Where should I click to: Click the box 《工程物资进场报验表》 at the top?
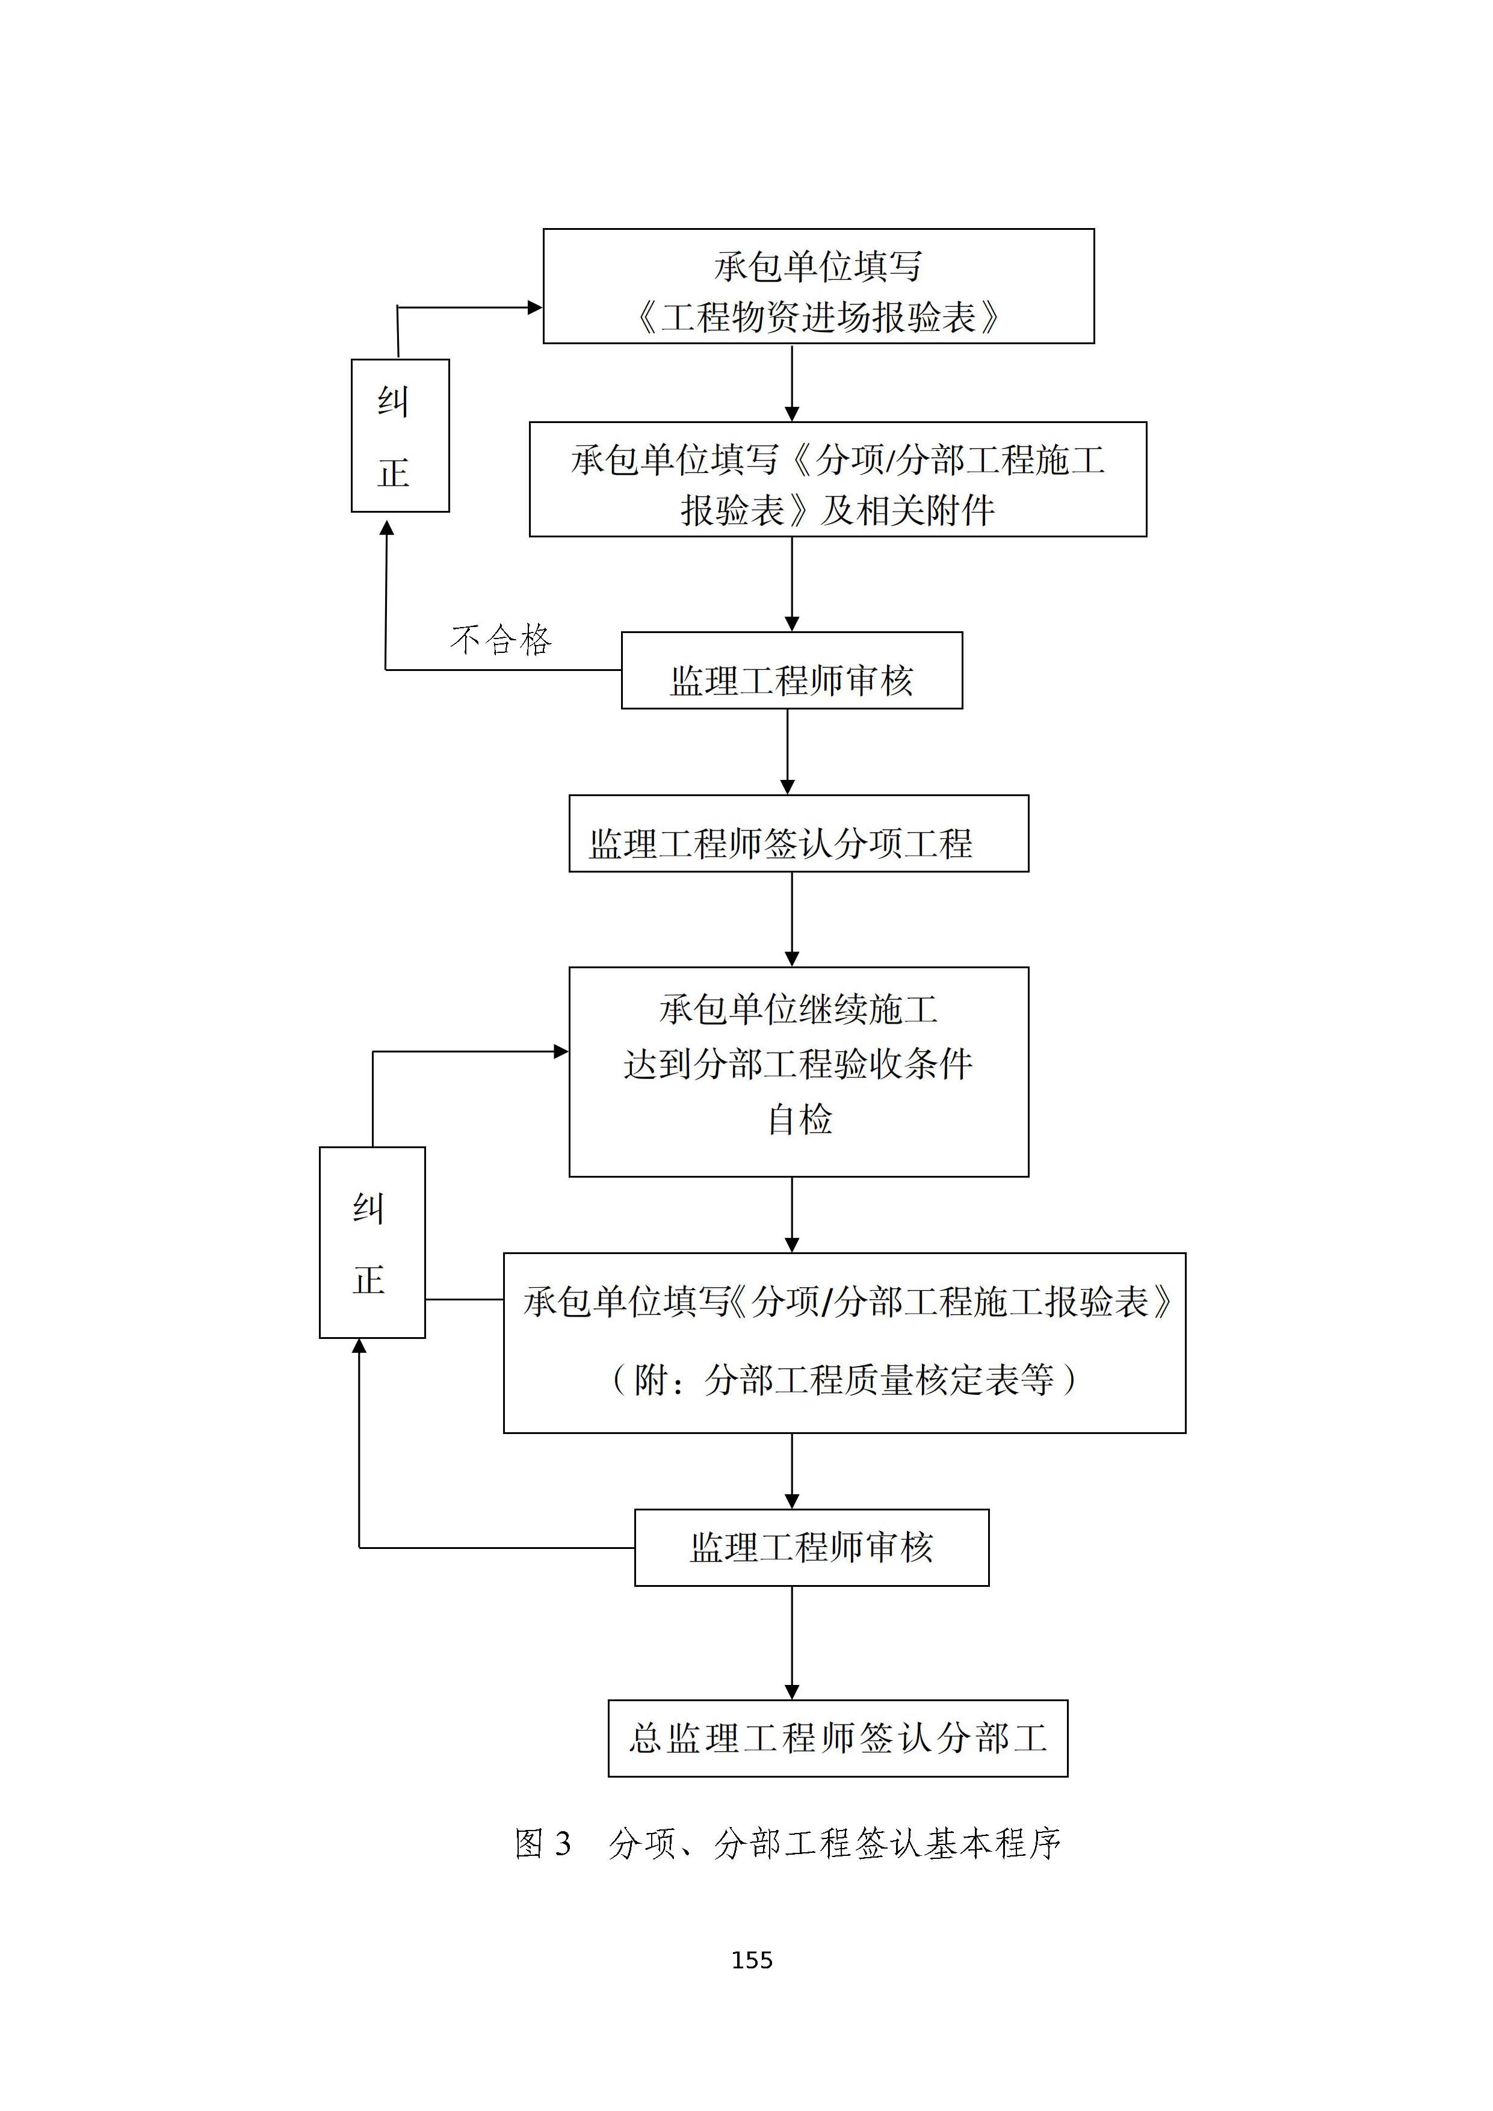[818, 286]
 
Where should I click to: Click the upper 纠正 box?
[400, 435]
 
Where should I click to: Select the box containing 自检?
[798, 1071]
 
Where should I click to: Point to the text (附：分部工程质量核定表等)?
[844, 1379]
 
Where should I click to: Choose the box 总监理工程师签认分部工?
[838, 1738]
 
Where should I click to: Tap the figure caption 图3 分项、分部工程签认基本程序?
[788, 1843]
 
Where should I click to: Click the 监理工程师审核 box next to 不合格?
[791, 670]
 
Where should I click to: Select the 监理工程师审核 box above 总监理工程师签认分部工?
[811, 1547]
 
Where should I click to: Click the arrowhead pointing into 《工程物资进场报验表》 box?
[534, 307]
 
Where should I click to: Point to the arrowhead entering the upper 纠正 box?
[387, 528]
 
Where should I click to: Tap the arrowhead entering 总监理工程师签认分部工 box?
[791, 1692]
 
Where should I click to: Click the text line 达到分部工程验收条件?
[798, 1065]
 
